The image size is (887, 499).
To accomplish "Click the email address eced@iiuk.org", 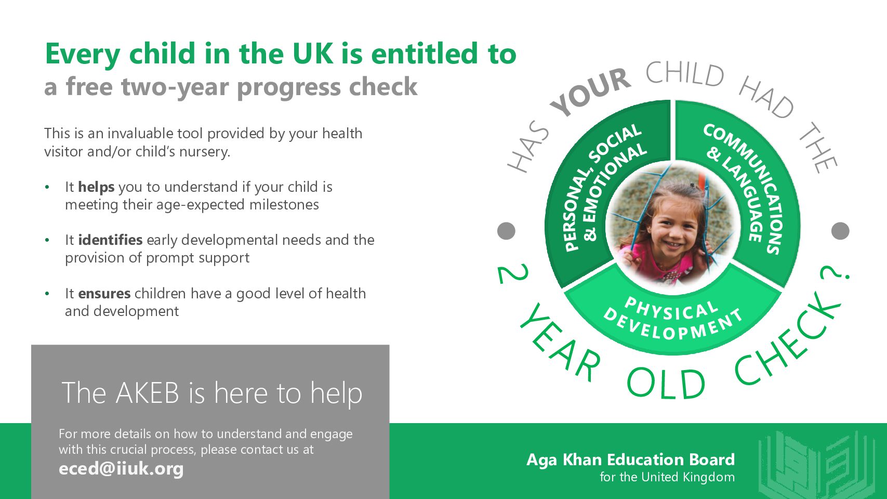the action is (x=121, y=469).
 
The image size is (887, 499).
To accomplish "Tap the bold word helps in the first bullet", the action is (x=96, y=187).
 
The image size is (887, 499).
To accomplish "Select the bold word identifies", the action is (x=110, y=240).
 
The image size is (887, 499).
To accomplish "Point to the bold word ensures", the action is (x=104, y=294).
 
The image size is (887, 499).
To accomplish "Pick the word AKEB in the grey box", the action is (x=147, y=393).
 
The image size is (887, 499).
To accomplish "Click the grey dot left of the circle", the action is (x=506, y=231).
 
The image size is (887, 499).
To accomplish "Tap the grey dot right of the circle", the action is (x=840, y=231).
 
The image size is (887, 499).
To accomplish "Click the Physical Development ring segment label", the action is (x=673, y=319).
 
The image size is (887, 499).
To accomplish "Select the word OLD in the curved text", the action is (x=666, y=384).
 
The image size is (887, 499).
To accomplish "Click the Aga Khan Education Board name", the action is (x=630, y=460).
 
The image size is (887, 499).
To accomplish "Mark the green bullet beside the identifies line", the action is (x=47, y=240).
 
